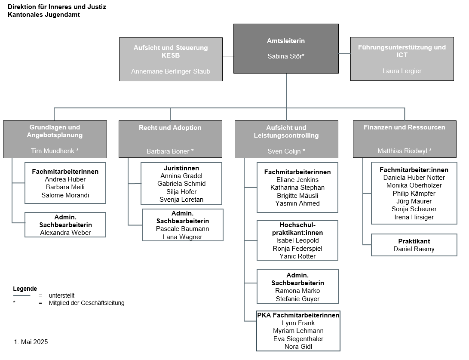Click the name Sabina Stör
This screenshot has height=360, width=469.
pyautogui.click(x=285, y=56)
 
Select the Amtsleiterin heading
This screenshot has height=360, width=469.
pyautogui.click(x=286, y=41)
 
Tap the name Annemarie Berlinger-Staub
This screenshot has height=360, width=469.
pyautogui.click(x=171, y=71)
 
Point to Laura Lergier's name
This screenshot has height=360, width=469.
pyautogui.click(x=402, y=71)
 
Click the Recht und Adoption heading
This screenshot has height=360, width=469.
pyautogui.click(x=170, y=128)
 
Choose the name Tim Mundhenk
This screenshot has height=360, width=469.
pyautogui.click(x=52, y=151)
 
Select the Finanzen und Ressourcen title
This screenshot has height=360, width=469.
pyautogui.click(x=405, y=127)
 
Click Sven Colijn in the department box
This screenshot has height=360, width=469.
pyautogui.click(x=284, y=151)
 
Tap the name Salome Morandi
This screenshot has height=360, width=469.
pyautogui.click(x=65, y=195)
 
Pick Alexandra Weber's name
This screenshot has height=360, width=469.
pyautogui.click(x=65, y=233)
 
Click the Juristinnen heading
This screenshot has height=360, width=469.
pyautogui.click(x=181, y=168)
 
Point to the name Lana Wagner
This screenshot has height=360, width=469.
pyautogui.click(x=182, y=237)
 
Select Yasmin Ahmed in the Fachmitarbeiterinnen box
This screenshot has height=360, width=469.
pyautogui.click(x=297, y=203)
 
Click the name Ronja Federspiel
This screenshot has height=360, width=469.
pyautogui.click(x=297, y=248)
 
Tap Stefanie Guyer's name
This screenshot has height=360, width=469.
pyautogui.click(x=297, y=298)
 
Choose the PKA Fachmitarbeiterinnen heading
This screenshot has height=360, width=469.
pyautogui.click(x=298, y=315)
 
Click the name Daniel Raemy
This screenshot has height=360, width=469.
pyautogui.click(x=414, y=249)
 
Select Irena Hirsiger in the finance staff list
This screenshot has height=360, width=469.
pyautogui.click(x=414, y=217)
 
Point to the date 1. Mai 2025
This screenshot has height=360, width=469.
pyautogui.click(x=31, y=342)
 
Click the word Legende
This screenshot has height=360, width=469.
pyautogui.click(x=25, y=289)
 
